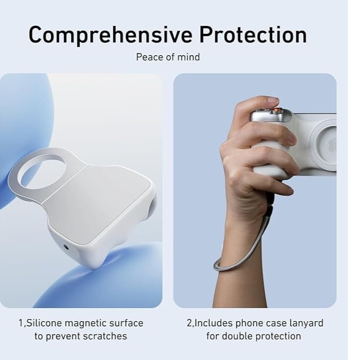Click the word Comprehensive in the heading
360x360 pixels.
(110, 35)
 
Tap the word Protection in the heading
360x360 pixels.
(253, 35)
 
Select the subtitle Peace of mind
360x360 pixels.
(168, 57)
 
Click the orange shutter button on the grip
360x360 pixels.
(277, 111)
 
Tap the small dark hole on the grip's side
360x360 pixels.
(66, 247)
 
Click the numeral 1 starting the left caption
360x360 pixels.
(21, 323)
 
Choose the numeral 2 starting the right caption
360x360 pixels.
(189, 323)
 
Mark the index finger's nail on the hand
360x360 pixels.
(273, 100)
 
